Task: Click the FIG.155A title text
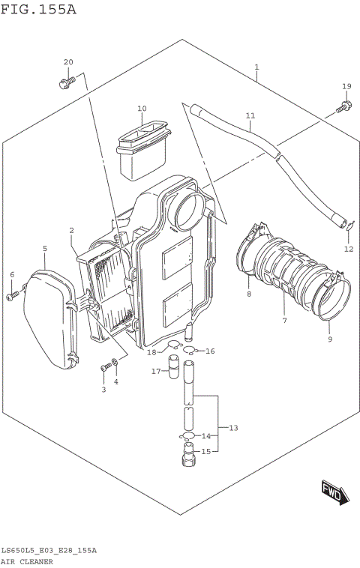click(38, 10)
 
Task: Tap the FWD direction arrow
click(331, 492)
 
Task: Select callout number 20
click(68, 62)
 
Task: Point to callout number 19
click(346, 86)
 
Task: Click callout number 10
click(142, 109)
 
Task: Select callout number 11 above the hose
click(250, 116)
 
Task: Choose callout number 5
click(44, 248)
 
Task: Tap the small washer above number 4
click(115, 363)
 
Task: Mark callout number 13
click(233, 428)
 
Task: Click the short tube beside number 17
click(175, 369)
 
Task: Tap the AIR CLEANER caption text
click(26, 561)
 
